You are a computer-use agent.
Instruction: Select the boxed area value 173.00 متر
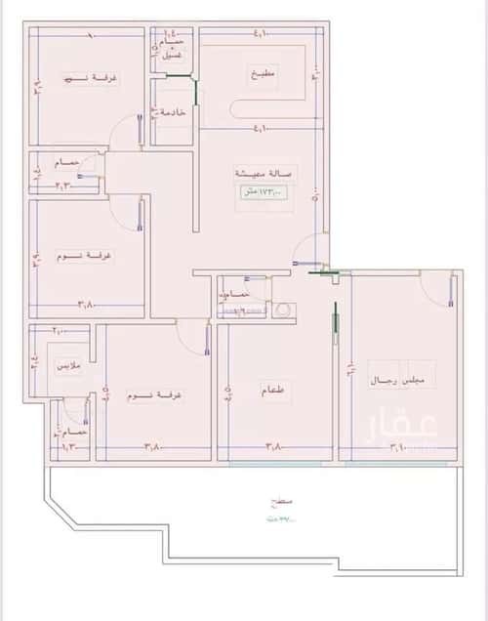263,192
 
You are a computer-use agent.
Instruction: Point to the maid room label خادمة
173,113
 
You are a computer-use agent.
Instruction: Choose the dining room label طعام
274,392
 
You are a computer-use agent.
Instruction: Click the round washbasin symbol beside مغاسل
283,310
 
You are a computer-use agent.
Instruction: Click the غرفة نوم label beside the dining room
156,397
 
